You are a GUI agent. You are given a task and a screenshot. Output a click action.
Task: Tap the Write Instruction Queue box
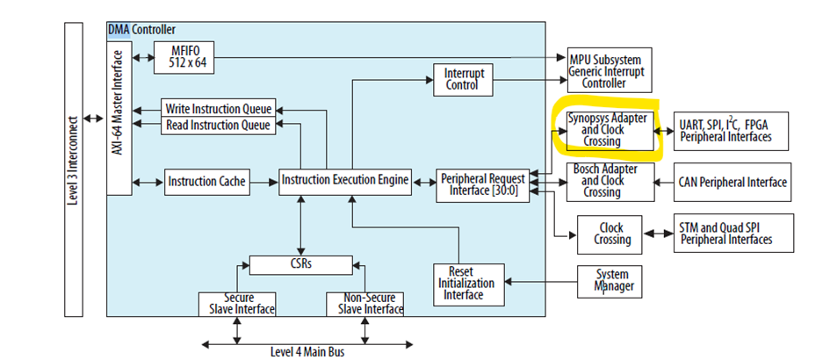[217, 109]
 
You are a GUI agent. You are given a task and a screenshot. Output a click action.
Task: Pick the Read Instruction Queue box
[217, 126]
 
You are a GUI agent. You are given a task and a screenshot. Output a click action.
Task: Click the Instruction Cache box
[206, 182]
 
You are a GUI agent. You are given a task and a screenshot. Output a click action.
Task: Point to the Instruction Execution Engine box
[345, 181]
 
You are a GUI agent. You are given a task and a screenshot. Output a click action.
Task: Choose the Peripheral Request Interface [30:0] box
[483, 184]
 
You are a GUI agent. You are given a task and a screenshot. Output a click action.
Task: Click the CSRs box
[301, 263]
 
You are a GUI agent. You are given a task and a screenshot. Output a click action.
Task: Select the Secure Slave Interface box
[237, 303]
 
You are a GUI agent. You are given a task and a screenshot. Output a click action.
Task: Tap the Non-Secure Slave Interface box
[365, 303]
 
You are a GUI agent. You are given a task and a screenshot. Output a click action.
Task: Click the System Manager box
[611, 280]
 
